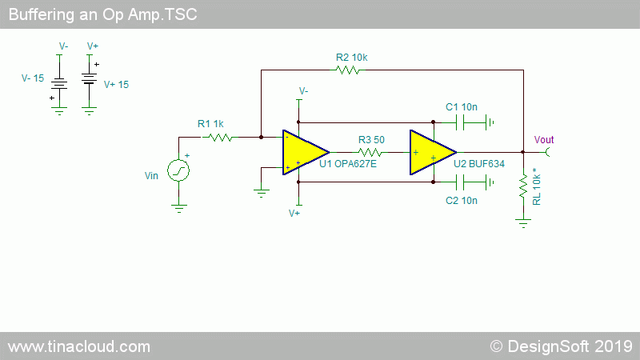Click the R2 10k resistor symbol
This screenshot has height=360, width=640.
coord(348,70)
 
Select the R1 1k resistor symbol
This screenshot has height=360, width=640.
coord(219,138)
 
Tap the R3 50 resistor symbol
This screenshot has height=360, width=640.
coord(370,153)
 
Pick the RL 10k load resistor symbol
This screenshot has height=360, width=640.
coord(523,187)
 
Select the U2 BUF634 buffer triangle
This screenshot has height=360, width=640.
coord(433,153)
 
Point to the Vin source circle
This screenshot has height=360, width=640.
coord(178,170)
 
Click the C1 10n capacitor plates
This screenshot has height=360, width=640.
coord(459,122)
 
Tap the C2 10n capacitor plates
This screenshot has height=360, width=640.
coord(459,182)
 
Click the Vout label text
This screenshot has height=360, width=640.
coord(544,140)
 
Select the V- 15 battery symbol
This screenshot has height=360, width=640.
coord(59,84)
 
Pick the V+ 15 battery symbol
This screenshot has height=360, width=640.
coord(89,78)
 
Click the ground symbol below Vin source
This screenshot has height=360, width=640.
coord(178,209)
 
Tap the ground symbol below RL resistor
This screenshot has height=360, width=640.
coord(523,223)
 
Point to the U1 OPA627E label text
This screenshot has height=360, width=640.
coord(348,164)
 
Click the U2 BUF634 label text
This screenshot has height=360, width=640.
coord(479,164)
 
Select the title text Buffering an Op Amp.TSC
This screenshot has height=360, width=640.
coord(103,14)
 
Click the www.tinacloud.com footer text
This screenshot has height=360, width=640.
coord(79,347)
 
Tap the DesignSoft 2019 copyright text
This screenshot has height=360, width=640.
coord(562,346)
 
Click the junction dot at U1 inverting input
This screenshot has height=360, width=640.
coord(262,138)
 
